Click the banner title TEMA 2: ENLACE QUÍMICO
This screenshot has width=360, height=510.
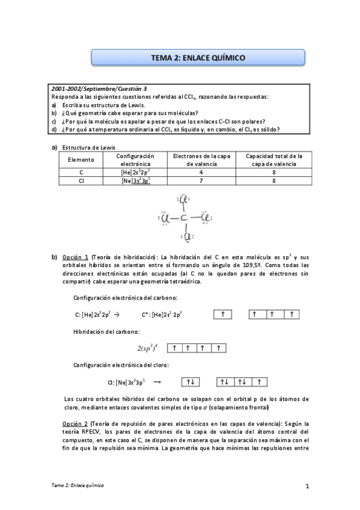coord(198,58)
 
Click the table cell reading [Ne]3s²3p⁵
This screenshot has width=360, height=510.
coord(135,180)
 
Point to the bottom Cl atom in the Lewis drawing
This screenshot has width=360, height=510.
coord(186,238)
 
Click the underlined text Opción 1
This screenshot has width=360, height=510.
coord(75,257)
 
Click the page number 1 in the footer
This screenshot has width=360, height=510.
coord(307,486)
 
